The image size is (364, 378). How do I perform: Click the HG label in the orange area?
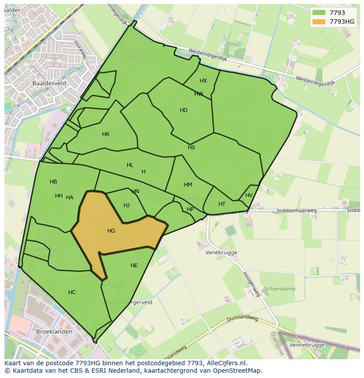coord(111,230)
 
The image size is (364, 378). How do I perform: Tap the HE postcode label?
coord(134,265)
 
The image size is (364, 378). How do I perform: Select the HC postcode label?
coord(72,292)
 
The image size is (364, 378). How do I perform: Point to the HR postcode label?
coord(106,134)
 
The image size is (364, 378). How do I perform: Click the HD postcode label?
coord(184,110)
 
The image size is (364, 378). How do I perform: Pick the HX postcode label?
coord(203,81)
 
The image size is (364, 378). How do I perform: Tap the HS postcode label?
coord(191,148)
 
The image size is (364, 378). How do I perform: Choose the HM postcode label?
coord(188,185)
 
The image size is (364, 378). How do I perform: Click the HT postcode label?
coord(222,204)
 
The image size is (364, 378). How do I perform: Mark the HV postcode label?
coord(249,195)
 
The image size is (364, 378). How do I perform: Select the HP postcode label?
coord(190,209)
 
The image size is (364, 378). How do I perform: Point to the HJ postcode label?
coord(127,205)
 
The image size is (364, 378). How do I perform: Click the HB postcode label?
coord(53,182)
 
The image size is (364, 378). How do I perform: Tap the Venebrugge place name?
coord(221,252)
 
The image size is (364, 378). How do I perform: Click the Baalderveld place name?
coord(49,82)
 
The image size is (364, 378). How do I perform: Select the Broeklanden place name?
coord(54,331)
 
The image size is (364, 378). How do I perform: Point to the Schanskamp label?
coord(280,289)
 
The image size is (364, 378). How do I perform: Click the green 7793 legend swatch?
coord(318,13)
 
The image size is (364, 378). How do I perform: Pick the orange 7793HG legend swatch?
coord(318,22)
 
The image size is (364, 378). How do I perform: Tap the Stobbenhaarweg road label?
coord(296,211)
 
